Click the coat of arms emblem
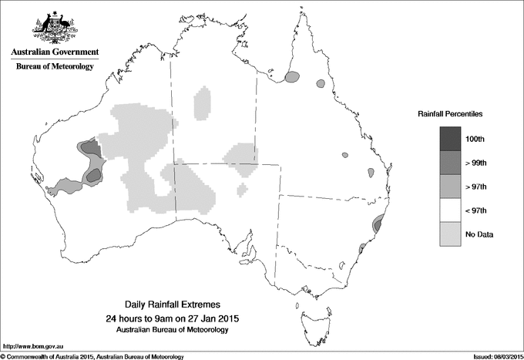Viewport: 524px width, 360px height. coord(55,27)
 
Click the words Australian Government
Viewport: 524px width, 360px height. coord(55,52)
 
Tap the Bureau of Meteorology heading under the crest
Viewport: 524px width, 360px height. coord(55,67)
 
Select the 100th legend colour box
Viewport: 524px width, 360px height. coord(451,139)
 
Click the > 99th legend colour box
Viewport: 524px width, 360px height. coord(451,163)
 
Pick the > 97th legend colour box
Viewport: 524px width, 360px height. coord(451,187)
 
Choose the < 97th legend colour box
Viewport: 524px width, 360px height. coord(451,210)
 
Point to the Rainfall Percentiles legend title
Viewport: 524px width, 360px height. coord(450,113)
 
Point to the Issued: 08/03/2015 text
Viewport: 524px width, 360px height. coord(492,356)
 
